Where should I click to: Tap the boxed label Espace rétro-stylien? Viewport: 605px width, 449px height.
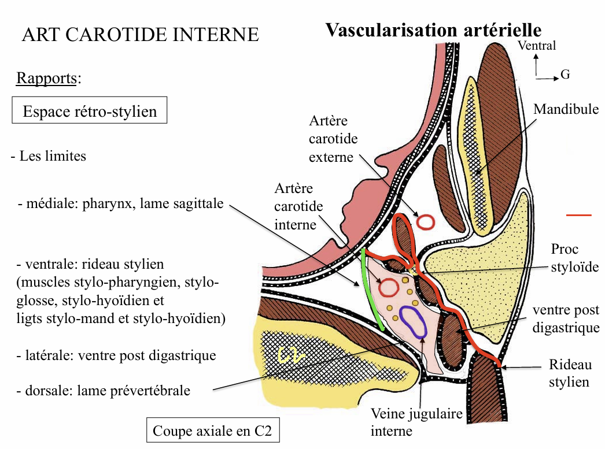90,110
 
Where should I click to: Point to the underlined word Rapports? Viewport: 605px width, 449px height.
46,78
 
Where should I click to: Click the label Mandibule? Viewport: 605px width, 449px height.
566,109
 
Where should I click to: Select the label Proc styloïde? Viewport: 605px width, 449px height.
573,258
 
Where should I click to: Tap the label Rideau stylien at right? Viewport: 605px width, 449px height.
570,373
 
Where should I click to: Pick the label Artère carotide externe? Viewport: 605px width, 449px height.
333,139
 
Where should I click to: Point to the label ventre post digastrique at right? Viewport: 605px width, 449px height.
566,319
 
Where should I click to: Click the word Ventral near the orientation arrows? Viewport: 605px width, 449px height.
537,46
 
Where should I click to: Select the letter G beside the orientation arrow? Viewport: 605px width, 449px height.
565,75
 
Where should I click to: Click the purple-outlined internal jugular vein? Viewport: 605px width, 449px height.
414,322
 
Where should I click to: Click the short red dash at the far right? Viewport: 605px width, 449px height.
578,215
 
